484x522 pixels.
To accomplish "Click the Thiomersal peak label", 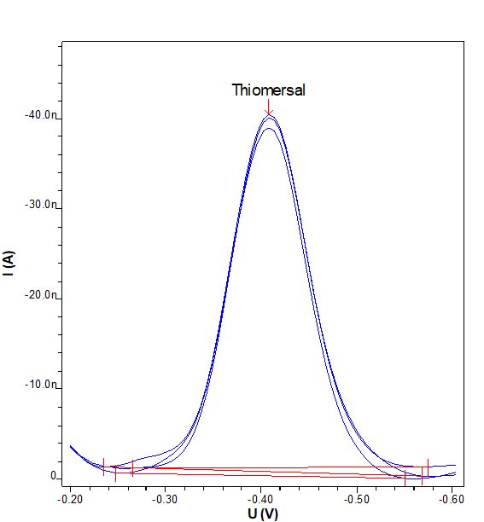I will click(x=268, y=90).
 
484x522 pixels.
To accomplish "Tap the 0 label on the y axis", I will click(x=53, y=476).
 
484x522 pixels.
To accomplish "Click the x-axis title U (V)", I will click(x=261, y=513).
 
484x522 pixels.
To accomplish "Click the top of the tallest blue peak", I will click(x=269, y=116).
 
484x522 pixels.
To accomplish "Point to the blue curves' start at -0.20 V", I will click(x=71, y=445).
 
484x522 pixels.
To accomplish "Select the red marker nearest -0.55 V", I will click(x=405, y=476).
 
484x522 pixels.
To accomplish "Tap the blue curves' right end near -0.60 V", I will click(x=455, y=468).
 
